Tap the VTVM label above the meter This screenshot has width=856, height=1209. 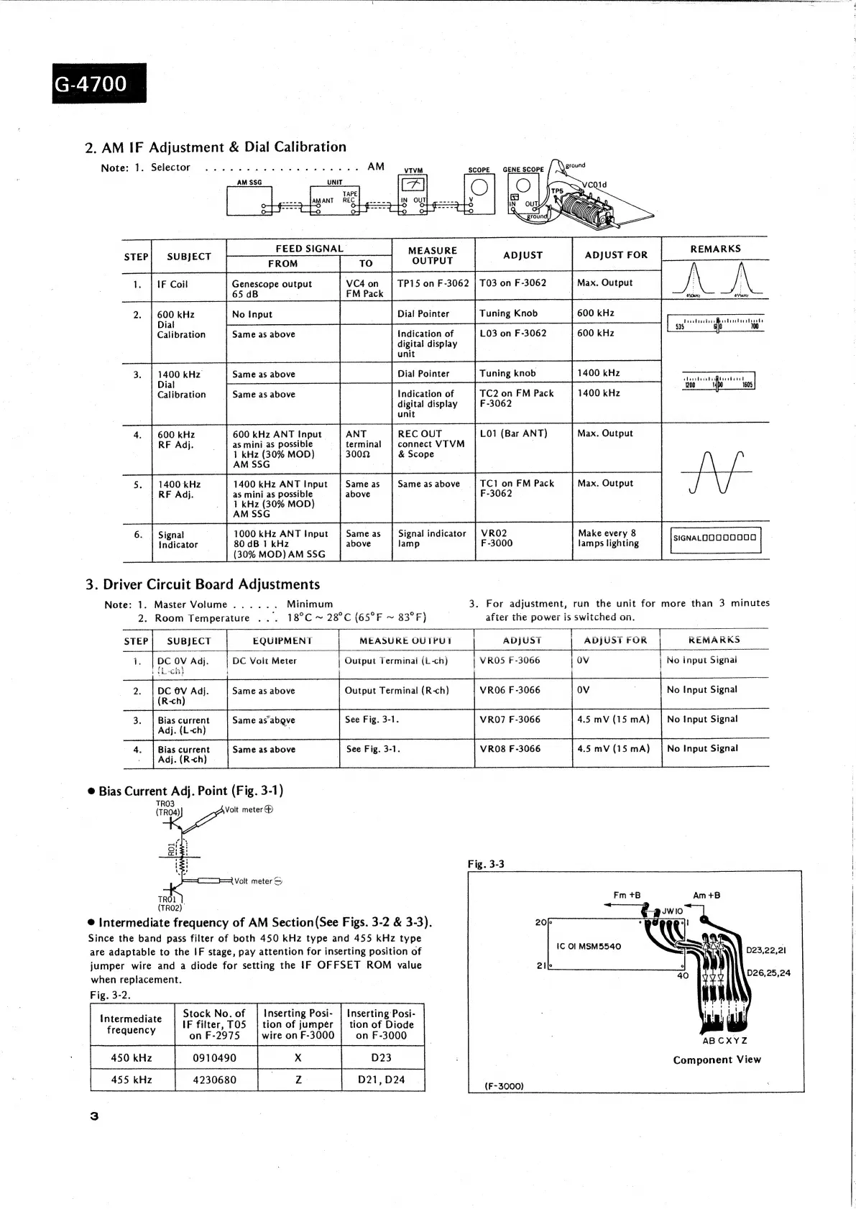tap(413, 171)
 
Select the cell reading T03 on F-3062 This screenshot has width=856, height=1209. tap(512, 283)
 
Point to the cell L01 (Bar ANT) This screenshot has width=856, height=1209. tap(513, 433)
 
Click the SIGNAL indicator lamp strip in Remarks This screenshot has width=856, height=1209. tap(714, 538)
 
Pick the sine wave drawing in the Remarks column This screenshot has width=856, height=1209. tap(714, 472)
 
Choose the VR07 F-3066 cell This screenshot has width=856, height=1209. tap(510, 720)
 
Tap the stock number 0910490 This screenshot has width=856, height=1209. tap(214, 1058)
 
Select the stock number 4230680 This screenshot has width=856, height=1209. tap(214, 1080)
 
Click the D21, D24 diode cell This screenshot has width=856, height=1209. tap(381, 1080)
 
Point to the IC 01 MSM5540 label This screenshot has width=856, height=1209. tap(589, 946)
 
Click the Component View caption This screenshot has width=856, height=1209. tap(717, 1059)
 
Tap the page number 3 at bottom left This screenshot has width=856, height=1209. tap(94, 1116)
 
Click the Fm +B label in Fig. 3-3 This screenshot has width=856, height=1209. tap(627, 896)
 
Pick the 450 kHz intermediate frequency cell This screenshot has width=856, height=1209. tap(131, 1058)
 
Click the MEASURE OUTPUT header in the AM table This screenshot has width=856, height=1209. tap(431, 256)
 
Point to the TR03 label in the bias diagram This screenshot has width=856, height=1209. tap(165, 804)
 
